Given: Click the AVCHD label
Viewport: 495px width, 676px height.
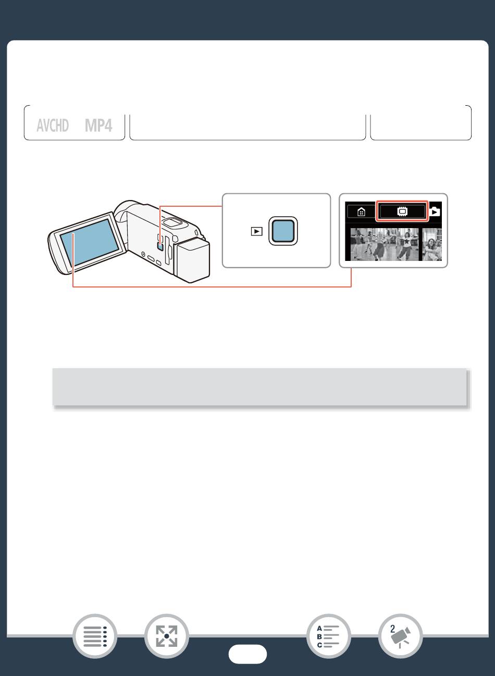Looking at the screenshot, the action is [53, 125].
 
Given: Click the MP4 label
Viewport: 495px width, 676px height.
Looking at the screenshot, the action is [98, 125].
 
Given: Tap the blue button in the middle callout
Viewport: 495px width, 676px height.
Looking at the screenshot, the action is [283, 231].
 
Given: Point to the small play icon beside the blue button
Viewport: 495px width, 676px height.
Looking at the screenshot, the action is [256, 231].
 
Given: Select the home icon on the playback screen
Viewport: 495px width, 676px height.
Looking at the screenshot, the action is [361, 211].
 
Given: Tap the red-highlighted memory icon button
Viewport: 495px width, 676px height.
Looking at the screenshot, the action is [402, 211].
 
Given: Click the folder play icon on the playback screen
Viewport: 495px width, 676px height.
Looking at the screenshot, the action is [435, 212].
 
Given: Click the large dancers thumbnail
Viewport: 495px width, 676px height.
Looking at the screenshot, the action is [385, 244].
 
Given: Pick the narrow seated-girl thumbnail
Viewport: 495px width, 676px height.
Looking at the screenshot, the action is [432, 244].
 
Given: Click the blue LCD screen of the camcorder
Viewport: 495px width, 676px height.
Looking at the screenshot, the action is [90, 242].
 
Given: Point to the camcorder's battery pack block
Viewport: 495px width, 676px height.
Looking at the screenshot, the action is [192, 260].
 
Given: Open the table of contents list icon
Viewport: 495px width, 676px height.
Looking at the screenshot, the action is [95, 636].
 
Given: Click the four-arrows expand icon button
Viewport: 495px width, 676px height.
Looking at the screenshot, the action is [166, 636].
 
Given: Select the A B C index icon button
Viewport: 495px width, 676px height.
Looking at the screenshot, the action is [328, 636].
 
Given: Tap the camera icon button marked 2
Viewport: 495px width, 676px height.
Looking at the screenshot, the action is [400, 636].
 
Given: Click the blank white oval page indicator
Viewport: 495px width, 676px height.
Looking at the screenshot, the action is [247, 654].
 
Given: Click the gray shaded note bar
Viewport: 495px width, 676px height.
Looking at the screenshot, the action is [259, 387].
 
